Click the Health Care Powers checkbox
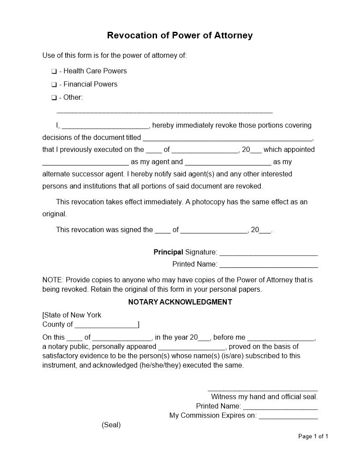tap(54, 71)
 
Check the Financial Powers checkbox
tap(54, 84)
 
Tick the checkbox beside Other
tap(54, 98)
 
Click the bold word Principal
tap(168, 252)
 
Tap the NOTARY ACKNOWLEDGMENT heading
tap(180, 302)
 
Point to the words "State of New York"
tap(73, 315)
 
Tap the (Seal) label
tap(111, 425)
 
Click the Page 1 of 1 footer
tap(313, 436)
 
